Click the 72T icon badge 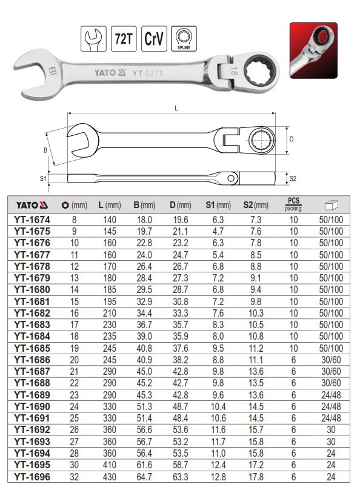pos(124,39)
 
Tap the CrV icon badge pos(154,39)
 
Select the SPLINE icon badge pos(184,39)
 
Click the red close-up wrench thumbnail pos(313,50)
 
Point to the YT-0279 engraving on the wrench pos(148,73)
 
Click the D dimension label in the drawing pos(291,140)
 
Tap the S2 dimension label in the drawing pos(293,178)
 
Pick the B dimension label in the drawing pos(45,150)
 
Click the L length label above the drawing pos(176,109)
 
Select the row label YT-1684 pos(32,337)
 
